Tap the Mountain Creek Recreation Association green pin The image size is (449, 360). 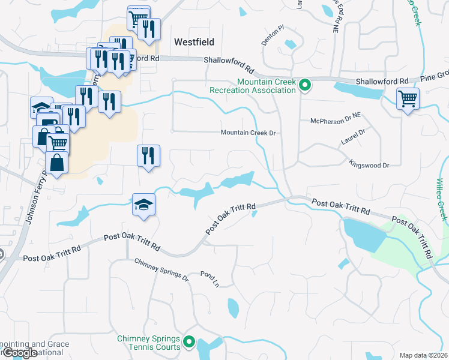304,86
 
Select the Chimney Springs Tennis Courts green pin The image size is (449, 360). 189,343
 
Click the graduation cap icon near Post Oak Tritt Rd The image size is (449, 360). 144,205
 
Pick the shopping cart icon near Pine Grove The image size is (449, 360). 408,98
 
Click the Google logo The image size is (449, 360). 20,353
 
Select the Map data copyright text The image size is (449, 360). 424,355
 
